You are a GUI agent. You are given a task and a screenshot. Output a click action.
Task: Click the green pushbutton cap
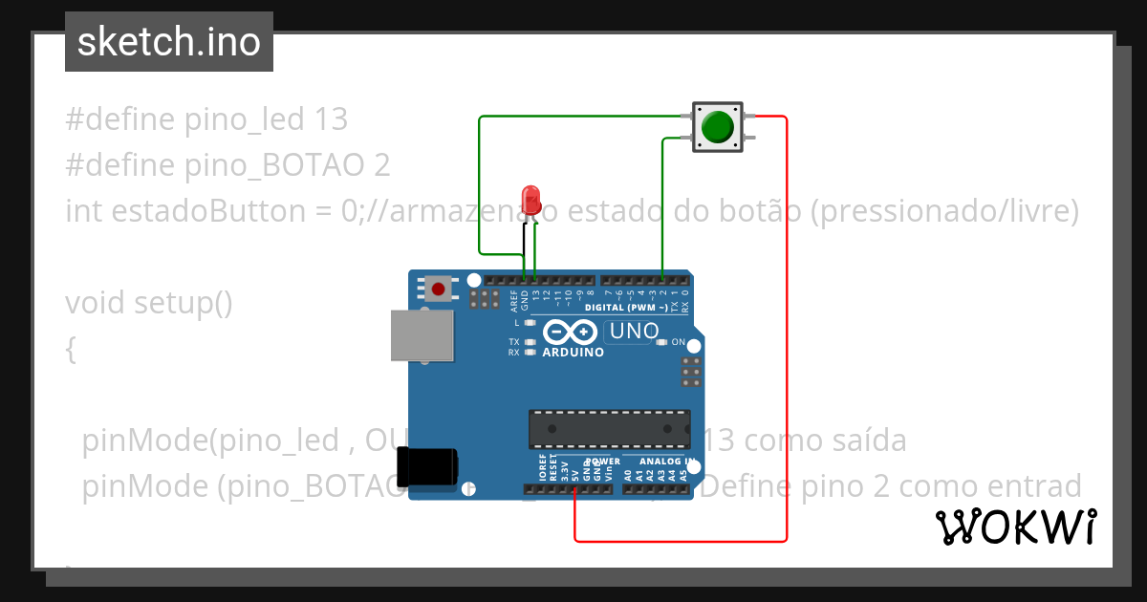717,126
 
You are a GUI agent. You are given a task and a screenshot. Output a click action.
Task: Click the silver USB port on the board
422,335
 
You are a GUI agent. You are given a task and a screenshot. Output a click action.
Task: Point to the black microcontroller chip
610,429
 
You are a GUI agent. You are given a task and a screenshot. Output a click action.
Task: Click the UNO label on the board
634,331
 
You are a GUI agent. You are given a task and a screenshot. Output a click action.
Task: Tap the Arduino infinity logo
571,333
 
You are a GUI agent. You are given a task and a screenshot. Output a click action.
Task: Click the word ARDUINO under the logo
573,353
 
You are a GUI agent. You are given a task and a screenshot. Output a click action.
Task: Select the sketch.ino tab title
168,42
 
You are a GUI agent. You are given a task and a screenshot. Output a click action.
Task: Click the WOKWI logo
1015,527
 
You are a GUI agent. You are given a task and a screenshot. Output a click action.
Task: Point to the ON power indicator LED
661,342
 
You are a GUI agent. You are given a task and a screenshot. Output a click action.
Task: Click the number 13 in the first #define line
330,119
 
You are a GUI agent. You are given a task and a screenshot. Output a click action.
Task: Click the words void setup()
148,303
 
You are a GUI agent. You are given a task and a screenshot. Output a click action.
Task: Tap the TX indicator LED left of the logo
529,341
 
